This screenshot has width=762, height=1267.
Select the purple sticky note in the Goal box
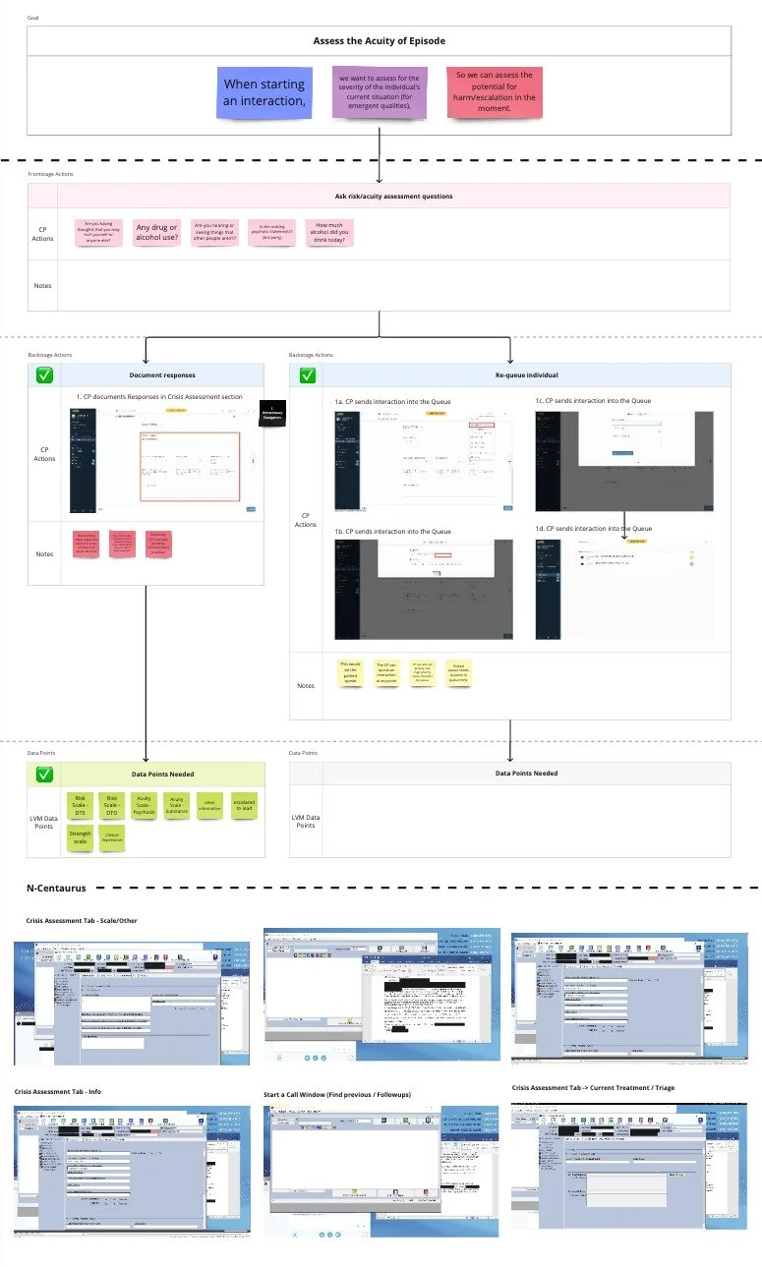(379, 91)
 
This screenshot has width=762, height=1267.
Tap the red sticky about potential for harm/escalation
(495, 92)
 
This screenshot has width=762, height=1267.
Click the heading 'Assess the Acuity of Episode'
(380, 40)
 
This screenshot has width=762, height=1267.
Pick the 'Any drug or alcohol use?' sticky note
(157, 232)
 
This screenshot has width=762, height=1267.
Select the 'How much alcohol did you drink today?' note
(328, 232)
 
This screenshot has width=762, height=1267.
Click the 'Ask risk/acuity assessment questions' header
(394, 196)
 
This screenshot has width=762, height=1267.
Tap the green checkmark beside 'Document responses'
(44, 374)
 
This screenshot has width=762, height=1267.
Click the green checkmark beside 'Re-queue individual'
(307, 374)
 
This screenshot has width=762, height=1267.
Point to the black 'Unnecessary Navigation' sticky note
(270, 414)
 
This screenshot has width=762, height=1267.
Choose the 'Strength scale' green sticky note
(80, 837)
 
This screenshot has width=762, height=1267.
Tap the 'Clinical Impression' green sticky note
(112, 837)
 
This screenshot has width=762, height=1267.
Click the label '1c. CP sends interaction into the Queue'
(593, 401)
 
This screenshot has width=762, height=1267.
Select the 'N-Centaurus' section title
(56, 888)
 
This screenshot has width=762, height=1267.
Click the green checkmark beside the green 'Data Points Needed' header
(44, 774)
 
